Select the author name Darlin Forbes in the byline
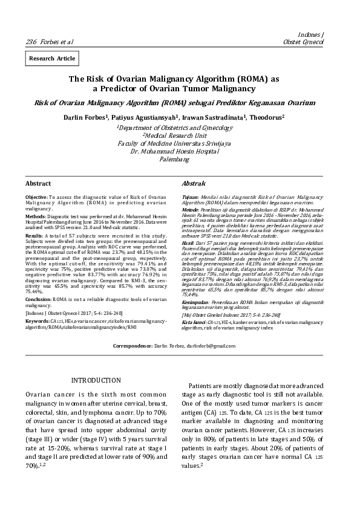click(x=85, y=118)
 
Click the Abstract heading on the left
click(x=38, y=183)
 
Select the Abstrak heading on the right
click(x=194, y=183)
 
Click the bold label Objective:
click(x=36, y=198)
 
